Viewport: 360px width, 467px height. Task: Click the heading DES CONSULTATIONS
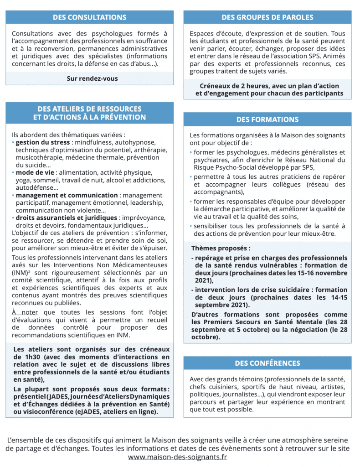coord(89,17)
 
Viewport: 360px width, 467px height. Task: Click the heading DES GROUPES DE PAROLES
coord(267,17)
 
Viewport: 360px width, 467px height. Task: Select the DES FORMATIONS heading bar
coord(267,119)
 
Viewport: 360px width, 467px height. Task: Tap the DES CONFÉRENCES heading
coord(267,363)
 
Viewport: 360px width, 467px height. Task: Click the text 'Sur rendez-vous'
coord(92,78)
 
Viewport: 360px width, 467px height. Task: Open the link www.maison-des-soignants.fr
coord(177,457)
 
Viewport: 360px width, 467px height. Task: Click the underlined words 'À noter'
coord(25,312)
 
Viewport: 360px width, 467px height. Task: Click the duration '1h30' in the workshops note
coord(21,357)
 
